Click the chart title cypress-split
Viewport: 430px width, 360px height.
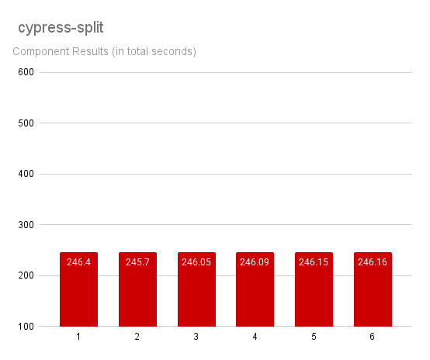click(x=61, y=27)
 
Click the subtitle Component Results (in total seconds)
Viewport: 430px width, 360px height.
click(x=104, y=52)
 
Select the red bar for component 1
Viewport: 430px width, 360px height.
click(x=78, y=295)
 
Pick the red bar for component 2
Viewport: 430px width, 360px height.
click(x=137, y=295)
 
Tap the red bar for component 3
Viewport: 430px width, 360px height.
click(x=196, y=295)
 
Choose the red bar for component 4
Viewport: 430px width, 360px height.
click(x=255, y=295)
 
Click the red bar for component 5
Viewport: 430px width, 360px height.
click(x=314, y=295)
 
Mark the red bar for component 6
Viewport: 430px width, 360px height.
click(x=373, y=295)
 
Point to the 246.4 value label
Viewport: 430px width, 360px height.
click(x=78, y=262)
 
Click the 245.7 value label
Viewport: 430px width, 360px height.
click(x=137, y=262)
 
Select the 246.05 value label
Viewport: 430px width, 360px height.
click(x=196, y=262)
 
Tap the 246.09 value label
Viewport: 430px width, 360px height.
click(x=255, y=262)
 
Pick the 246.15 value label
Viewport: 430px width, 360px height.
click(x=314, y=262)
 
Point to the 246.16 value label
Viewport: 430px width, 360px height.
click(x=373, y=262)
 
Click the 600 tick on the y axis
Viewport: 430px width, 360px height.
click(x=26, y=72)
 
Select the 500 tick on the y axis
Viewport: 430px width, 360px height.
click(x=26, y=123)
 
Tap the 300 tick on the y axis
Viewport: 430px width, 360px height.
click(x=26, y=225)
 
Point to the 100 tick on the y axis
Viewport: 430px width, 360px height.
click(x=26, y=327)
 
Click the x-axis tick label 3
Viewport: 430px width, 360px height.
click(x=196, y=337)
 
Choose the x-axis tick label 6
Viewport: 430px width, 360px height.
click(x=373, y=337)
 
